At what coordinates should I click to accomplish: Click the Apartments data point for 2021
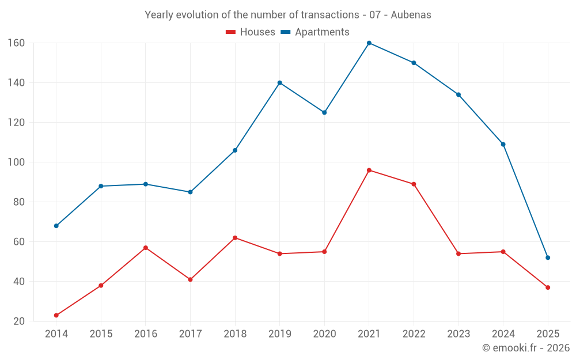click(369, 43)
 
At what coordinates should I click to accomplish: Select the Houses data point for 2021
click(369, 170)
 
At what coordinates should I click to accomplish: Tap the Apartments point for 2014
click(56, 226)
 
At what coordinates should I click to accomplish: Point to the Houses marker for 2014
click(56, 316)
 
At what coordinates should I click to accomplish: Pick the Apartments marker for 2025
click(548, 257)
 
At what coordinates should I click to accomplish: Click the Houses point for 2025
click(548, 287)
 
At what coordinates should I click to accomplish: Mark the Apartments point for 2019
click(280, 83)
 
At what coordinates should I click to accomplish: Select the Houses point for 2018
click(235, 238)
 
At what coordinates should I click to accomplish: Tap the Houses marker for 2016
click(146, 248)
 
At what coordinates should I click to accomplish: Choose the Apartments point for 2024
click(503, 145)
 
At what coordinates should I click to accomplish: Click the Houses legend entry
click(251, 32)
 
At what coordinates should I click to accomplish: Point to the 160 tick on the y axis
click(16, 43)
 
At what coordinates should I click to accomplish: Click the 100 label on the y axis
click(16, 162)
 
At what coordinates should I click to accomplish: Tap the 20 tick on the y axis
click(18, 321)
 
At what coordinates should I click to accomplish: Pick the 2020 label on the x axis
click(324, 334)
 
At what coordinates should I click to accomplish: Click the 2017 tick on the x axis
click(190, 334)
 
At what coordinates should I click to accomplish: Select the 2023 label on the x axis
click(458, 334)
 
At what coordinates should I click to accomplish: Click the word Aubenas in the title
click(411, 15)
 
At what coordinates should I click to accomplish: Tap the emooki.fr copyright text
click(526, 348)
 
